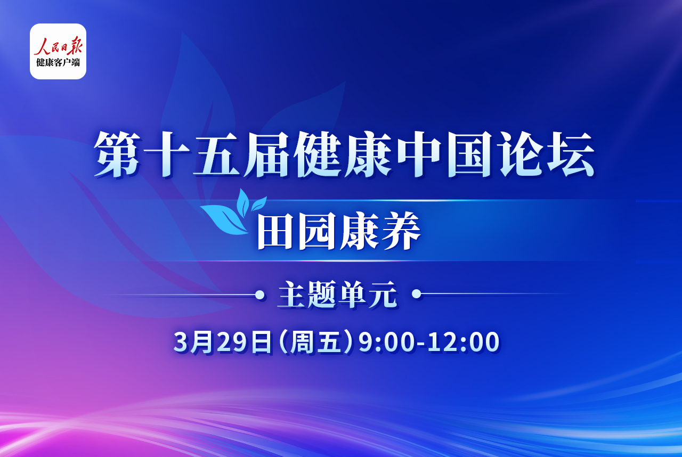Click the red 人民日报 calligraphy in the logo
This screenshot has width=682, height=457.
(x=58, y=46)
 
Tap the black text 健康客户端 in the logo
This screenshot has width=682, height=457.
(x=58, y=62)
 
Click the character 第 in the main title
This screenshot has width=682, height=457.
(x=117, y=154)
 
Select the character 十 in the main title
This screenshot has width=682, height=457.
(x=167, y=154)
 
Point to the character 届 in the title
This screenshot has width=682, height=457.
(x=266, y=154)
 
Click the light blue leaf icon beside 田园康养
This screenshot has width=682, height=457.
(x=233, y=212)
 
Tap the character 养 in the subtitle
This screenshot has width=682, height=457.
(x=401, y=231)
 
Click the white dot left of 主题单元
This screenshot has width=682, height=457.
(x=259, y=295)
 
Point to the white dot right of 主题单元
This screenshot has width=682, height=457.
(x=416, y=294)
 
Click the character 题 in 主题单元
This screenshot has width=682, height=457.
(x=322, y=295)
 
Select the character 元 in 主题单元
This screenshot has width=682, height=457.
(x=383, y=295)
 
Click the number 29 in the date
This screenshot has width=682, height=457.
(x=231, y=342)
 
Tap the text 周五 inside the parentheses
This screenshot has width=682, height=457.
(x=315, y=342)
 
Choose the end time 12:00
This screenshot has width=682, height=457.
(x=464, y=342)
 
